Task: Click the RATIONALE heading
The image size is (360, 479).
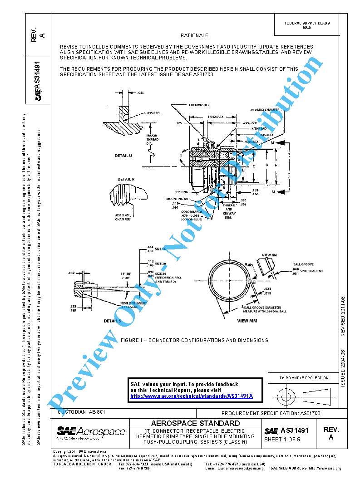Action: pyautogui.click(x=194, y=35)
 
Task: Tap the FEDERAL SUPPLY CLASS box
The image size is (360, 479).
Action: pyautogui.click(x=307, y=25)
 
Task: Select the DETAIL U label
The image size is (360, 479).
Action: pyautogui.click(x=123, y=156)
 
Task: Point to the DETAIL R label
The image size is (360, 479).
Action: pyautogui.click(x=126, y=179)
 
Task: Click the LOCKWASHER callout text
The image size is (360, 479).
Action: pyautogui.click(x=199, y=105)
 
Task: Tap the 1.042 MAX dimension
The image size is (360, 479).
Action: pyautogui.click(x=215, y=117)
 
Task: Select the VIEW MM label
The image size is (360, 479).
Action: pyautogui.click(x=247, y=320)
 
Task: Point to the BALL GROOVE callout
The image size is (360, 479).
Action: pyautogui.click(x=303, y=264)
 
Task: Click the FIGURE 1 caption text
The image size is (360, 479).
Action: pyautogui.click(x=194, y=340)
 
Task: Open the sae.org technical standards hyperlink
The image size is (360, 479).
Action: pyautogui.click(x=191, y=396)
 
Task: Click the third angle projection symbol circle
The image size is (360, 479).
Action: pyautogui.click(x=286, y=397)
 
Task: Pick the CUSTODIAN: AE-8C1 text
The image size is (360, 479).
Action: pyautogui.click(x=82, y=412)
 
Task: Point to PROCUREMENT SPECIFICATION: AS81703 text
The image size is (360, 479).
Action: pyautogui.click(x=271, y=413)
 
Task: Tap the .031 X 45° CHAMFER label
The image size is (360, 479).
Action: pyautogui.click(x=123, y=217)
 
